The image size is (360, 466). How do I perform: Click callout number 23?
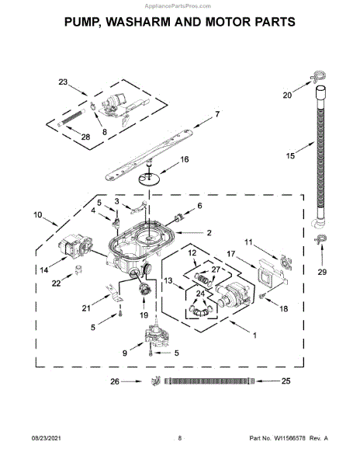(63, 82)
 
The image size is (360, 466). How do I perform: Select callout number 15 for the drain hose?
(290, 156)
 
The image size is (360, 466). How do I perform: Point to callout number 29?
(321, 272)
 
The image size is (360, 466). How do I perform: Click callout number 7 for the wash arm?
(217, 114)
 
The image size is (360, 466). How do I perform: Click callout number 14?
(43, 270)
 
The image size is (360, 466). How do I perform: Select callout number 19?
(142, 316)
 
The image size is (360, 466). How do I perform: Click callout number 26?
(115, 381)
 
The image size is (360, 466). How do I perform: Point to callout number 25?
(285, 381)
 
